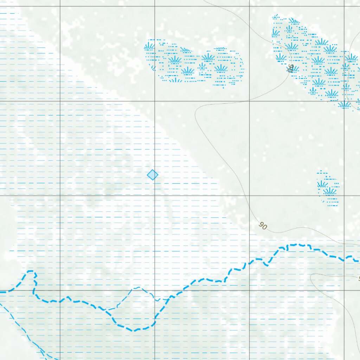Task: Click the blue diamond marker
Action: [152, 175]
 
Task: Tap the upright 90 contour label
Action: [262, 226]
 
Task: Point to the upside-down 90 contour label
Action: [290, 68]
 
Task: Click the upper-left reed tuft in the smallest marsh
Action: [322, 184]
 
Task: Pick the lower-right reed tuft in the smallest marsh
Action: [330, 191]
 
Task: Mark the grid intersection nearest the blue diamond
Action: [155, 195]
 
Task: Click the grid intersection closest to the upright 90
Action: [250, 195]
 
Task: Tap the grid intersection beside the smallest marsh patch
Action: [344, 195]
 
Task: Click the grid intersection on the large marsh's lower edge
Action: [344, 101]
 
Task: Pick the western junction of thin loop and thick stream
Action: [107, 310]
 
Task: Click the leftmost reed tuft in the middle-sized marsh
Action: [149, 46]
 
